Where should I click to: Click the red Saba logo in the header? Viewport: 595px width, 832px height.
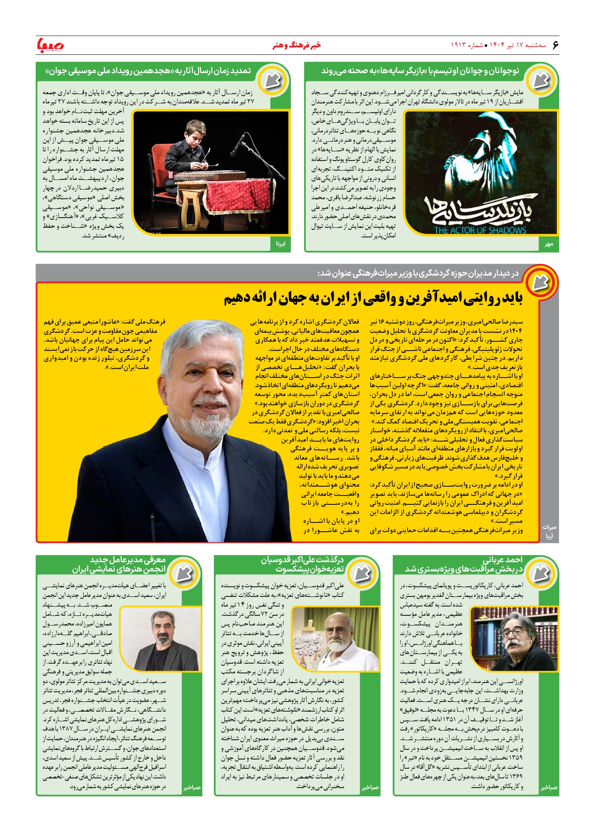pyautogui.click(x=50, y=45)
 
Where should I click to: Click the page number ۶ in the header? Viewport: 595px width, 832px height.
pyautogui.click(x=555, y=45)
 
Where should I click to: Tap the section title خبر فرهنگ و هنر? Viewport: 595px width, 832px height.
pyautogui.click(x=297, y=45)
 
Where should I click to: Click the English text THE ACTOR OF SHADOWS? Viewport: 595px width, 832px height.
pyautogui.click(x=480, y=230)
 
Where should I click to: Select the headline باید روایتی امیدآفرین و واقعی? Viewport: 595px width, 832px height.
pyautogui.click(x=373, y=298)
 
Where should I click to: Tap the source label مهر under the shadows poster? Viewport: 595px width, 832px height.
pyautogui.click(x=549, y=244)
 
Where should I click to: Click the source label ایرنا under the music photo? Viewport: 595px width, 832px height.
pyautogui.click(x=280, y=244)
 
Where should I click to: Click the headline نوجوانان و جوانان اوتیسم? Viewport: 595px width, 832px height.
pyautogui.click(x=420, y=71)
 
